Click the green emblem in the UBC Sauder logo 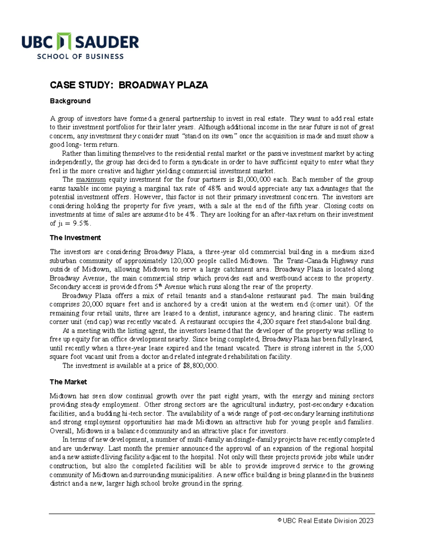(x=64, y=42)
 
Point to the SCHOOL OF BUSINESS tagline (x=80, y=57)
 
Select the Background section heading (x=70, y=101)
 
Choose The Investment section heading (x=75, y=238)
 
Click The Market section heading (x=68, y=382)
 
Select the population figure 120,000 (x=182, y=261)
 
